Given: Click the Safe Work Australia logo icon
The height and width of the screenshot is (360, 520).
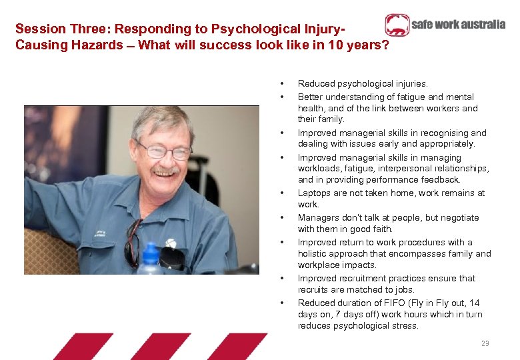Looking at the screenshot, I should pos(397,25).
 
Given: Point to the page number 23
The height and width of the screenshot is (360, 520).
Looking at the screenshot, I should pos(485,343).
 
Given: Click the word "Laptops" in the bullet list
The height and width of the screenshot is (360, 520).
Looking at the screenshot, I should pos(315,193).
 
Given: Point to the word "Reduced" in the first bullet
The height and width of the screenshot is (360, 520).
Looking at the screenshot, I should pos(315,84).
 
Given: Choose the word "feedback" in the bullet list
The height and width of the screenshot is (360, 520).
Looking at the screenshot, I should pos(441,180).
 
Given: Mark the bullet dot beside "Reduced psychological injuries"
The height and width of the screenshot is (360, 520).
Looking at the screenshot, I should pos(283,84).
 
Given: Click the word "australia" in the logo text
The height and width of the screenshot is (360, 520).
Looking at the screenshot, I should pos(482,25).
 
